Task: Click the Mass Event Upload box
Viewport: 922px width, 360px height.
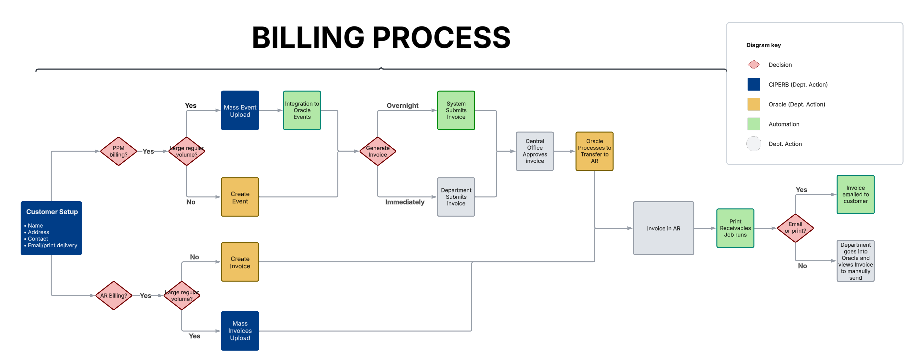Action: (x=240, y=110)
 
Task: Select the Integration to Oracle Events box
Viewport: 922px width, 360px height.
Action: (x=302, y=110)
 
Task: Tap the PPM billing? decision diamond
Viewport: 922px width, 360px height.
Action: (x=119, y=151)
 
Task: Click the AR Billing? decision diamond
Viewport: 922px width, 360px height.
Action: (x=113, y=296)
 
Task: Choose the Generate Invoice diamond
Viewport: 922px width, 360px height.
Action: (x=378, y=151)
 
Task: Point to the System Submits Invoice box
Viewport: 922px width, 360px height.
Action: (x=456, y=110)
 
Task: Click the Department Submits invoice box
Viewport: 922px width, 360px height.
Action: (x=456, y=197)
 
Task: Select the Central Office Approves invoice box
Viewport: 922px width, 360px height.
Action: (x=534, y=151)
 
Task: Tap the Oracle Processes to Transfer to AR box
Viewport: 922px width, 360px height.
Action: (x=594, y=151)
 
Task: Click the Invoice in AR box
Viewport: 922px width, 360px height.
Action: (x=663, y=228)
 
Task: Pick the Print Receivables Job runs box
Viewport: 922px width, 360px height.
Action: (x=735, y=228)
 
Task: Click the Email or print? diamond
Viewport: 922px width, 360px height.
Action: (x=795, y=228)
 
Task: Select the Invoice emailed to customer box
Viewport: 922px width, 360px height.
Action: (x=855, y=195)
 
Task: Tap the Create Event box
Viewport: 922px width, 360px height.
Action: (x=240, y=197)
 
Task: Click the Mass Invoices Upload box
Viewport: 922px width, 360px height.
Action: (x=240, y=331)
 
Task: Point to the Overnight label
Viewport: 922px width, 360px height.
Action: (x=402, y=106)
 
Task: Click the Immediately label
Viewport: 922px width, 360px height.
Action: (x=404, y=202)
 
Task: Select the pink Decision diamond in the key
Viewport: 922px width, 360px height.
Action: (x=753, y=65)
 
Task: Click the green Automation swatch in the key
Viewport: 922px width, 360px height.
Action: (x=753, y=124)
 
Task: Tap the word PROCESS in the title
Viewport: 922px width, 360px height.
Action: (x=441, y=38)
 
